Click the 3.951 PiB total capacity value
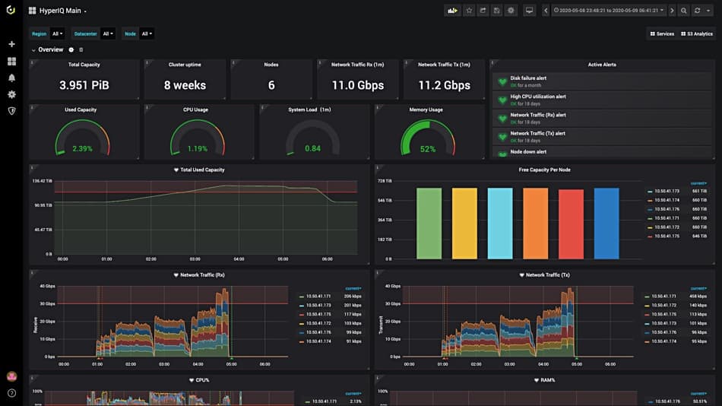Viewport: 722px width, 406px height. pos(84,85)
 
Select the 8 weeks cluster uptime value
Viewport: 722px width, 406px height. pos(185,85)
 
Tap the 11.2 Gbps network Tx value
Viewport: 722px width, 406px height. pos(445,85)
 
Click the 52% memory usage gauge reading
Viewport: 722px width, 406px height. pos(427,149)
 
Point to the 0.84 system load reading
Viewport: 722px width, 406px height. pos(312,148)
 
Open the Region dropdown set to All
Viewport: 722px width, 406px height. pos(57,33)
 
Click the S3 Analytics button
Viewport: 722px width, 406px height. pos(696,33)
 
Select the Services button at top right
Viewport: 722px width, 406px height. pos(661,33)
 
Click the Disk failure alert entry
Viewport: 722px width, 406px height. pos(528,78)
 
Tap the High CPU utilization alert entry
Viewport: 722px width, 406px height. pos(538,97)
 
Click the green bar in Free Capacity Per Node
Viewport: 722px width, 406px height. pos(429,224)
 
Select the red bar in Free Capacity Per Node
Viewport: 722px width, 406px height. pos(571,224)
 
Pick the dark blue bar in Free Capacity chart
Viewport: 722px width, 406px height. pos(606,224)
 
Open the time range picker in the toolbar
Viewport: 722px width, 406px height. pos(609,11)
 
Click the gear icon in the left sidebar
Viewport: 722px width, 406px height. pos(11,94)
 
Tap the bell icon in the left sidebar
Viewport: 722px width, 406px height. pos(11,78)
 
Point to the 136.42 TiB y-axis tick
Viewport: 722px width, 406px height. pos(42,181)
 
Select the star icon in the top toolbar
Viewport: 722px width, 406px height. pos(469,11)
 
